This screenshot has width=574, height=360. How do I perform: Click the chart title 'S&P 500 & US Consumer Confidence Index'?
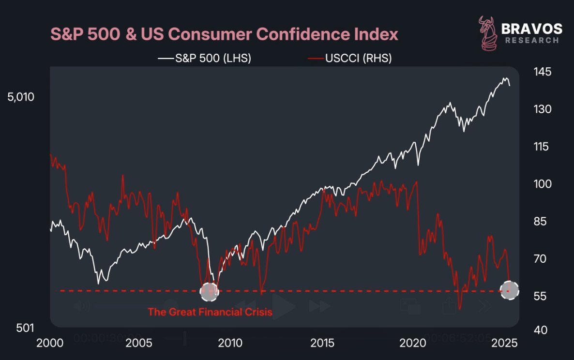pyautogui.click(x=224, y=34)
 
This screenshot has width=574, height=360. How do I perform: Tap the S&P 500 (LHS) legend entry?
pyautogui.click(x=205, y=58)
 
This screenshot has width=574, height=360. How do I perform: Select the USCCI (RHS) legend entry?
pyautogui.click(x=350, y=58)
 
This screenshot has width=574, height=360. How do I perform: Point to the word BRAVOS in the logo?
pyautogui.click(x=532, y=29)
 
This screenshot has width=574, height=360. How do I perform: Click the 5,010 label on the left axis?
pyautogui.click(x=20, y=97)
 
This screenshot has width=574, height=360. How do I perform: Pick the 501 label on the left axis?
pyautogui.click(x=25, y=328)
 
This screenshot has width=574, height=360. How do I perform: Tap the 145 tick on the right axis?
pyautogui.click(x=543, y=72)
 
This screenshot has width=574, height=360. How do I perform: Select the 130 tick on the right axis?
pyautogui.click(x=543, y=109)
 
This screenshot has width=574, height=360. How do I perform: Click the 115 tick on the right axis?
pyautogui.click(x=543, y=147)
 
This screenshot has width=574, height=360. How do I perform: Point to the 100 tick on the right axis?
pyautogui.click(x=543, y=184)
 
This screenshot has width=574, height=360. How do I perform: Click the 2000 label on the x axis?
pyautogui.click(x=49, y=343)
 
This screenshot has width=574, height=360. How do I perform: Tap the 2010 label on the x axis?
pyautogui.click(x=230, y=343)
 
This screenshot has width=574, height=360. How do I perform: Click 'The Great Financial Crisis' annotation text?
pyautogui.click(x=210, y=312)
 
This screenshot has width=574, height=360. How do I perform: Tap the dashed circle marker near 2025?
pyautogui.click(x=509, y=290)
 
